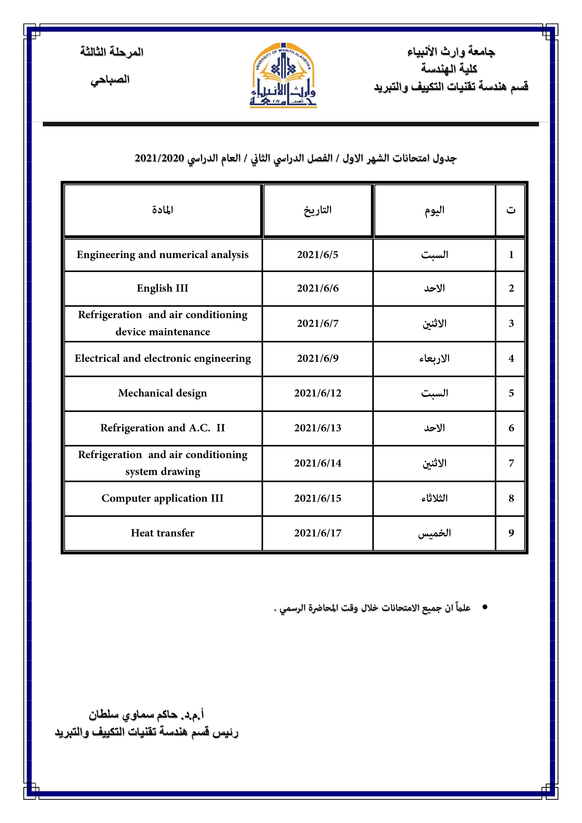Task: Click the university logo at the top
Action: coord(283,76)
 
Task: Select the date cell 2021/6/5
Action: coord(317,255)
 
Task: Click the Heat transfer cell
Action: coord(162,533)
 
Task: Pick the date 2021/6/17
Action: coord(317,533)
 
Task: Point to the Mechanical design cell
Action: coord(162,393)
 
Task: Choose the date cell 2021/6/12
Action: coord(317,393)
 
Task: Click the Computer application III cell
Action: coord(162,498)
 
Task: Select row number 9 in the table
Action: coord(511,533)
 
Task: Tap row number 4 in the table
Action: coord(511,358)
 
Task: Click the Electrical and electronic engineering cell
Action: coord(162,358)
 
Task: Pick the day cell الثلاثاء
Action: coord(434,498)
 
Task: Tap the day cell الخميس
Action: coord(434,533)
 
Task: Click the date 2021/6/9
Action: coord(317,358)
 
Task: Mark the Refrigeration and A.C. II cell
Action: coord(162,428)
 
